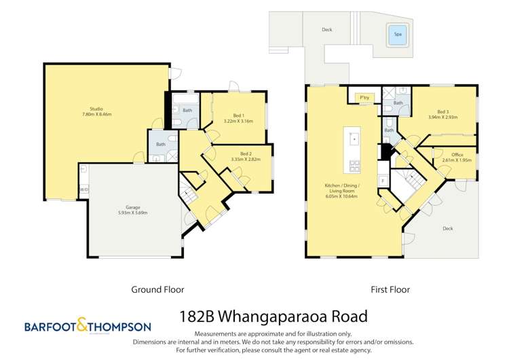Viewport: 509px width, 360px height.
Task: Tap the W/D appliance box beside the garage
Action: [83, 190]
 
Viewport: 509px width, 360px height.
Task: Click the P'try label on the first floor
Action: [364, 98]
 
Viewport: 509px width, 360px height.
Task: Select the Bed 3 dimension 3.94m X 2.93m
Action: [443, 117]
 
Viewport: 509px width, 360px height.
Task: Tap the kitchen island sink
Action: [354, 139]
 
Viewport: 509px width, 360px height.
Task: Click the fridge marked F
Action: [382, 180]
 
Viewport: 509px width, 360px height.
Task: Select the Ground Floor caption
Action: [157, 289]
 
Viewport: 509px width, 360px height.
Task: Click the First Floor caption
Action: [390, 289]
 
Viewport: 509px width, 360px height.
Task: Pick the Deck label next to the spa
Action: [326, 30]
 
